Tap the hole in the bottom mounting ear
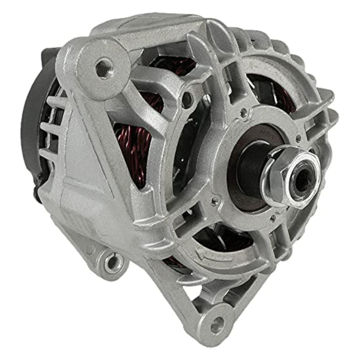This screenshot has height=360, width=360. pyautogui.click(x=217, y=325)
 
